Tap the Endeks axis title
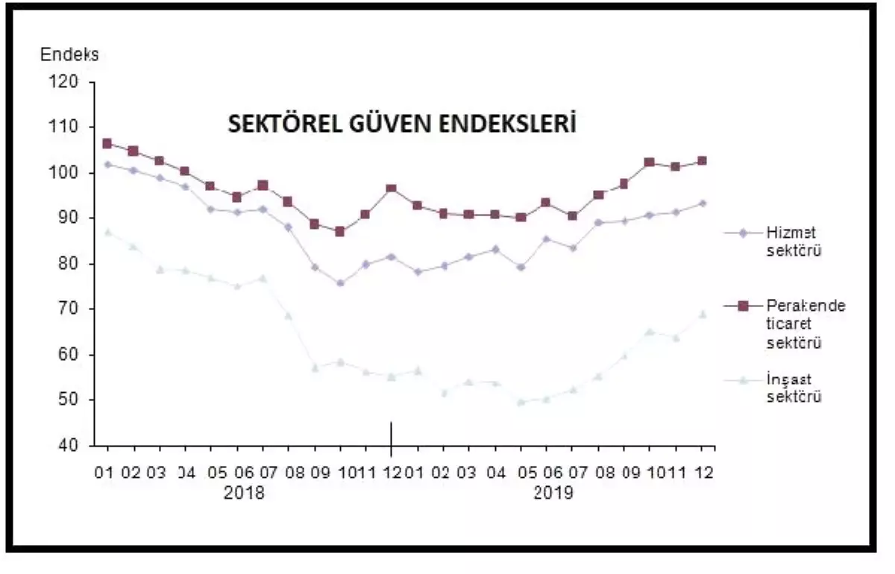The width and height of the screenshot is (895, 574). click(x=69, y=54)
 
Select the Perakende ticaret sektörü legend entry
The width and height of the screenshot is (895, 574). click(x=805, y=324)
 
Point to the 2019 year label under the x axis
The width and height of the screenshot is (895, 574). click(x=553, y=493)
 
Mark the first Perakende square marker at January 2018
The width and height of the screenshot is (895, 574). click(x=107, y=143)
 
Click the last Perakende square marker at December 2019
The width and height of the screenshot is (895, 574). click(x=702, y=160)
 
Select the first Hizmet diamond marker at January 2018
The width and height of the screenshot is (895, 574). click(x=107, y=164)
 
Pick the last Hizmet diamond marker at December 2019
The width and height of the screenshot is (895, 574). click(x=702, y=203)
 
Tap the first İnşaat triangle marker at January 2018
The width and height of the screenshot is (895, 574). click(x=107, y=232)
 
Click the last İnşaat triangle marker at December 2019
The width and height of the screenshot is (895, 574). click(x=702, y=314)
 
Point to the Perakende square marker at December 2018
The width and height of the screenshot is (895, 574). click(x=391, y=189)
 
